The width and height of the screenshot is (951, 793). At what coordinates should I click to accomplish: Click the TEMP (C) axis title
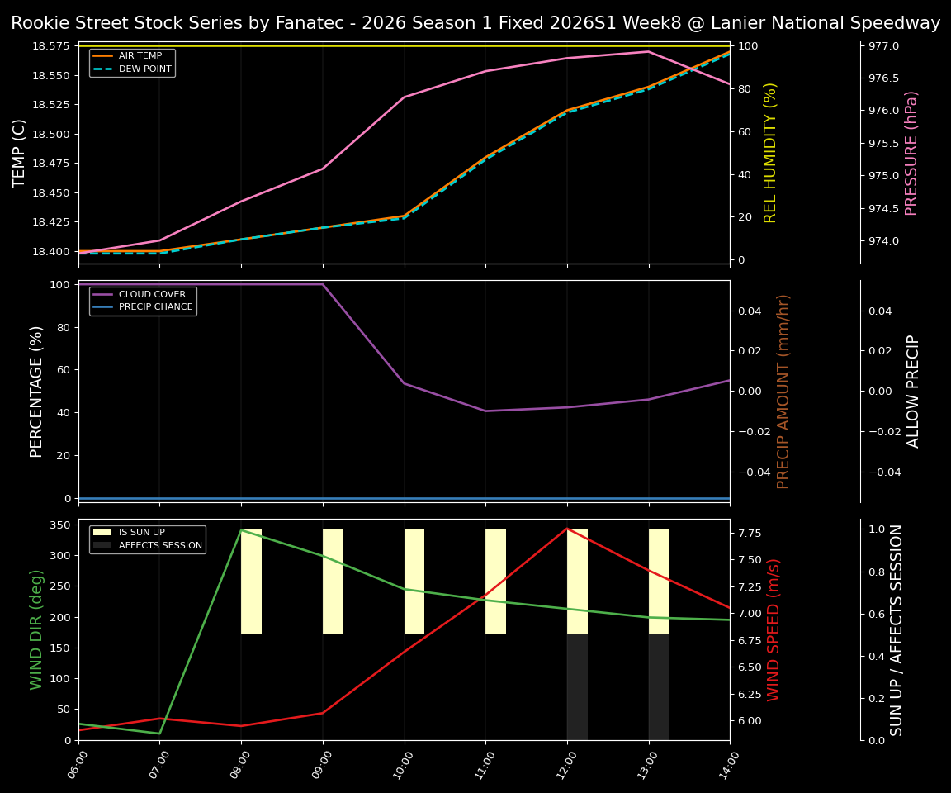click(x=20, y=153)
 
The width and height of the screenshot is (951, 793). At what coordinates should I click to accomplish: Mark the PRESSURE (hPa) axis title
click(x=911, y=153)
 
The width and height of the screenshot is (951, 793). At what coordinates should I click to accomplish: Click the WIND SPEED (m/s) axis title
click(x=774, y=629)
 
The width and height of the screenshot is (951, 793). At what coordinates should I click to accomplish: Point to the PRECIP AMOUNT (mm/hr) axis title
click(x=783, y=391)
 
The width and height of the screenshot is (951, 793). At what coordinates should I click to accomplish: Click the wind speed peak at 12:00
click(x=567, y=529)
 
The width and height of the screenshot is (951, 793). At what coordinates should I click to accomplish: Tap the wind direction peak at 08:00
click(x=241, y=530)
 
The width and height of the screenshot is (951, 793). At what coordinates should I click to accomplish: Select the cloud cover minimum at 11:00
click(x=485, y=411)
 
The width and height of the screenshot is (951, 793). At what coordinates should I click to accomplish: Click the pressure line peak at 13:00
click(x=648, y=51)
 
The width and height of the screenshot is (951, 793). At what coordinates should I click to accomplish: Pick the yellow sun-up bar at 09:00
click(x=333, y=582)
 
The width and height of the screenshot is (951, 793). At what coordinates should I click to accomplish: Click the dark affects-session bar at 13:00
click(x=658, y=687)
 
